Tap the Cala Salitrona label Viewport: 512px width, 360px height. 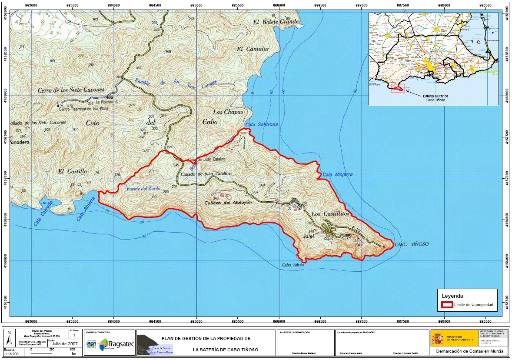[261, 124]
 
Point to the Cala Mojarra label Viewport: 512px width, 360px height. [337, 174]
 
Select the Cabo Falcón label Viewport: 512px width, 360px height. [293, 265]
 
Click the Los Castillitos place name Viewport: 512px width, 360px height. [330, 214]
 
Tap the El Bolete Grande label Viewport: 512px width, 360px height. [276, 21]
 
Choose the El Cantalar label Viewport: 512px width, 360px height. [253, 49]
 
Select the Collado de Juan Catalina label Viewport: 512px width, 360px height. [205, 174]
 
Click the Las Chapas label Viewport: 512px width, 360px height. [228, 112]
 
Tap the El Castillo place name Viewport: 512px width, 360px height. [73, 171]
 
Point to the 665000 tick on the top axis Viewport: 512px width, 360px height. [196, 5]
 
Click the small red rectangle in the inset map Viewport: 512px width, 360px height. [398, 89]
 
